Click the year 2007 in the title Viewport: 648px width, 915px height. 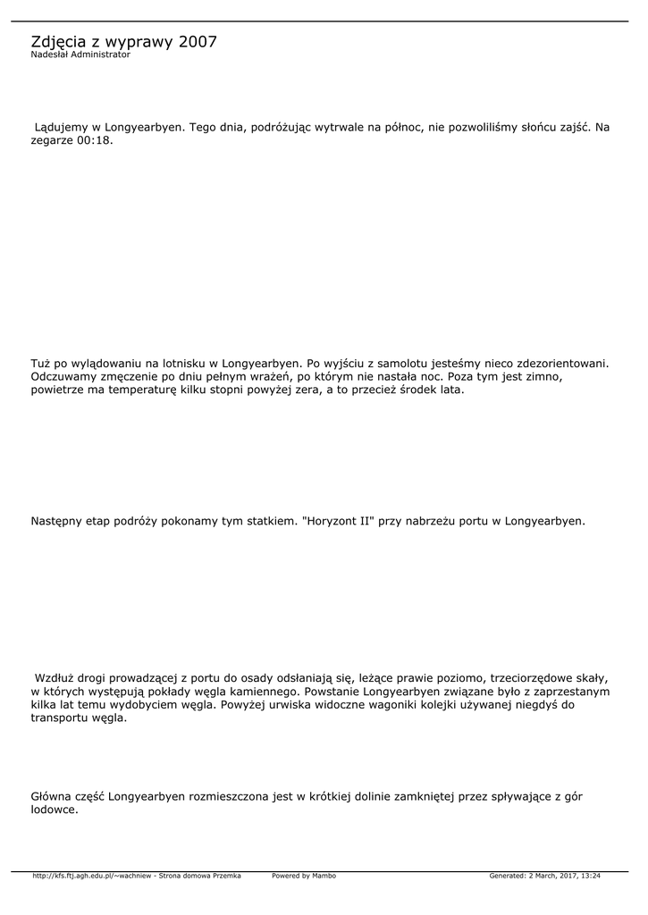click(x=198, y=42)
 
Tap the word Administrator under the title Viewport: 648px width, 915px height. click(x=100, y=55)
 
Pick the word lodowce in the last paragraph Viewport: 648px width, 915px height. click(x=55, y=810)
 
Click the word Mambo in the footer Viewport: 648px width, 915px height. click(x=324, y=876)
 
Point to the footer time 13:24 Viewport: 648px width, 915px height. click(x=590, y=876)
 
